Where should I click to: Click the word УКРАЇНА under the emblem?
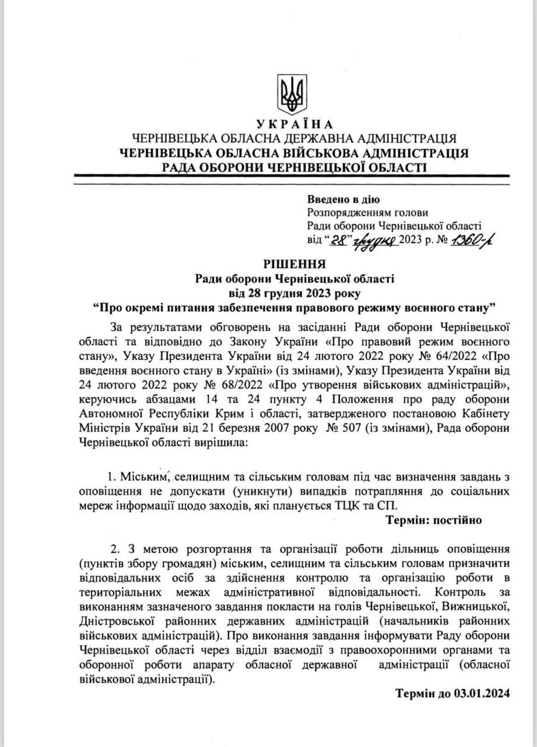point(294,124)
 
